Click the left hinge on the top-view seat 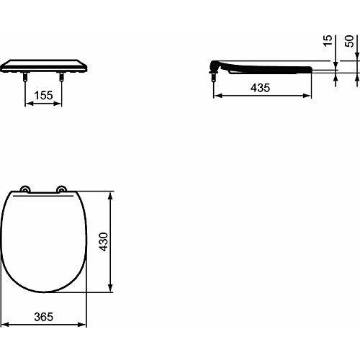pyautogui.click(x=26, y=190)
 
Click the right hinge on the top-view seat pyautogui.click(x=62, y=190)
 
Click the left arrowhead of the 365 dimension pyautogui.click(x=6, y=324)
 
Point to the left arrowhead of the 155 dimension pyautogui.click(x=27, y=102)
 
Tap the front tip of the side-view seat pyautogui.click(x=311, y=69)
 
